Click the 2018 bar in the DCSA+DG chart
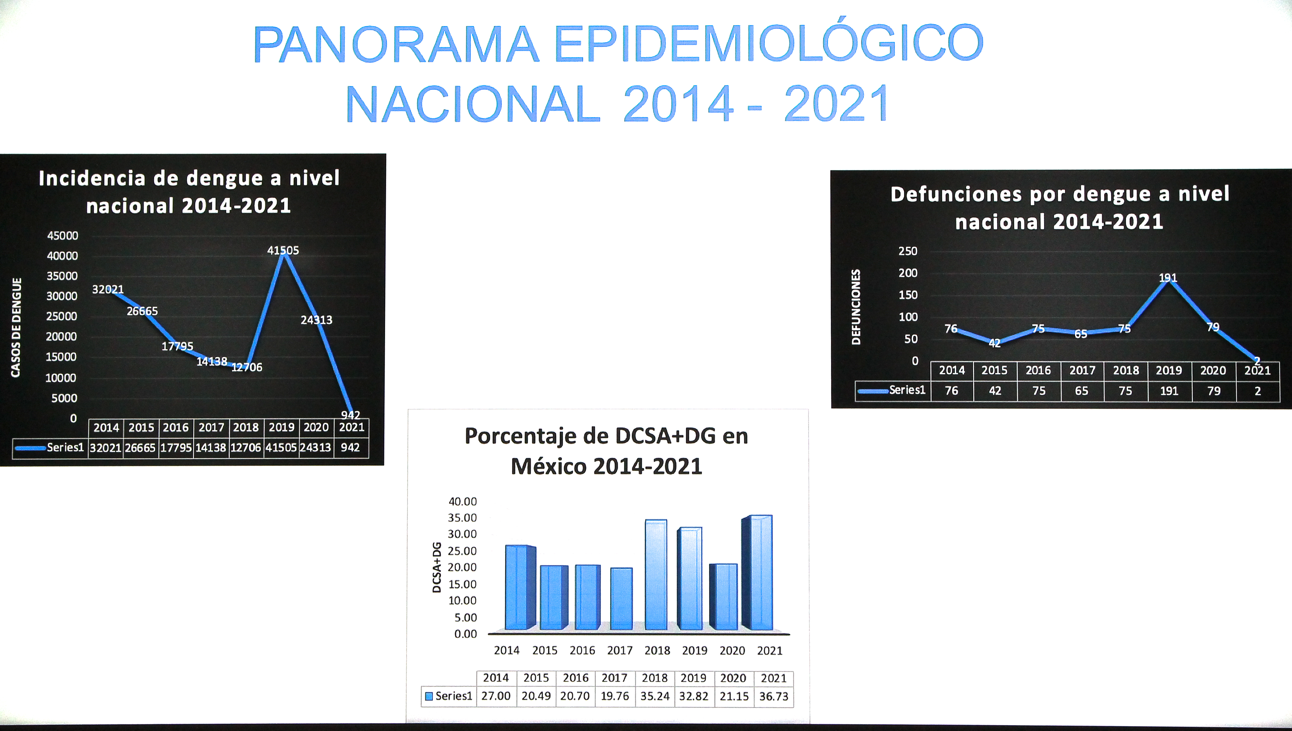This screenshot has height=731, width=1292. [x=655, y=575]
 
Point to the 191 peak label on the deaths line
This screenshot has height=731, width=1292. [x=1168, y=278]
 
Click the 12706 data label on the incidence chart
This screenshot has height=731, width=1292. [x=247, y=367]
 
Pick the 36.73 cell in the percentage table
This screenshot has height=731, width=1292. [x=773, y=696]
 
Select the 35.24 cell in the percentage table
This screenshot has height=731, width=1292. [x=655, y=696]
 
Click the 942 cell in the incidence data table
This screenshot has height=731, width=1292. [x=350, y=447]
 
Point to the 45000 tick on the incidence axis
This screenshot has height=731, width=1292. [x=63, y=236]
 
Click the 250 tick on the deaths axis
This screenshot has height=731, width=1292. [x=908, y=251]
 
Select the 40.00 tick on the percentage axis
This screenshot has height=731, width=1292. [x=462, y=501]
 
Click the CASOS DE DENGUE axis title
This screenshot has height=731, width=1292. [x=16, y=327]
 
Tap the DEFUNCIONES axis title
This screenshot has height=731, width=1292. [x=856, y=307]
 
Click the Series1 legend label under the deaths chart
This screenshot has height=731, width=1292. [x=907, y=390]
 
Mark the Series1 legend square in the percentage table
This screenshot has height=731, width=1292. [x=429, y=696]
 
